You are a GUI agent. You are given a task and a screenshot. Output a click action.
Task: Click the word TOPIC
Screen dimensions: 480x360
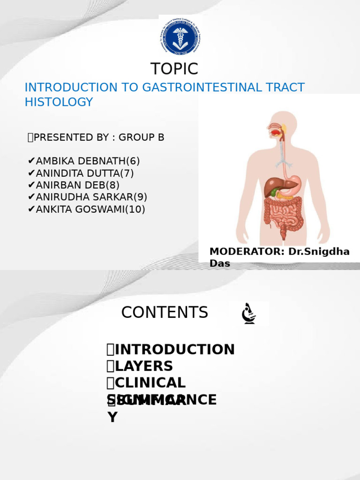click(174, 69)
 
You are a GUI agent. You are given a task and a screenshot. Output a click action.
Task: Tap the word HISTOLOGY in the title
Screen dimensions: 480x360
click(59, 102)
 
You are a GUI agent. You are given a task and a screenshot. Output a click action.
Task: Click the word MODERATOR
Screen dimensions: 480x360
click(247, 252)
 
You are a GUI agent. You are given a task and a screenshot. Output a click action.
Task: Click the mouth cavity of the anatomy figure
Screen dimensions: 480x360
click(275, 132)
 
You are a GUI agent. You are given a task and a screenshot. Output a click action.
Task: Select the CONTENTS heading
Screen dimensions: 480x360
click(165, 313)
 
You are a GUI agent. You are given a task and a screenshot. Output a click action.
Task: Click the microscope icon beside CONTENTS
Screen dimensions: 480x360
click(248, 314)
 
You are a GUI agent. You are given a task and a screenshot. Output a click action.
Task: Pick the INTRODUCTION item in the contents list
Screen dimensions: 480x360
click(174, 350)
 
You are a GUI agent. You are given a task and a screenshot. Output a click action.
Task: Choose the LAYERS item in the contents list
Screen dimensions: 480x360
click(143, 366)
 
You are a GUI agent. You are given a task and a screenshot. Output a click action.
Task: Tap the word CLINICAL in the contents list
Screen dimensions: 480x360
click(150, 383)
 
